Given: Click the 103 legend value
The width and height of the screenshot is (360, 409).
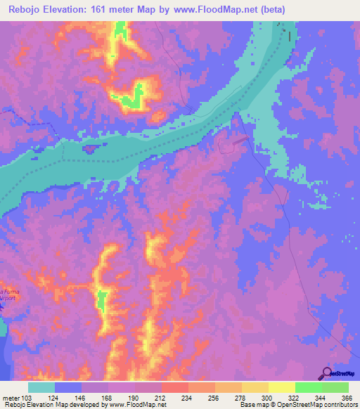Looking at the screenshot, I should pos(27,398).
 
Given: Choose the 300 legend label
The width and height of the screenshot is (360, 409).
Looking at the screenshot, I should pos(268,398).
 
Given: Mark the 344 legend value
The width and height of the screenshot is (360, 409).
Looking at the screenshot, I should pos(321,398).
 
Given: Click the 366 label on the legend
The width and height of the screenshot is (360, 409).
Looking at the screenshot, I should pos(347,398).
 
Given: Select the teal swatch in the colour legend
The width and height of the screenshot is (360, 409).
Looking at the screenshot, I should pos(41,387).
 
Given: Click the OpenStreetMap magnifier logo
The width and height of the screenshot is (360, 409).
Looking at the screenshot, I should pos(328,373).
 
